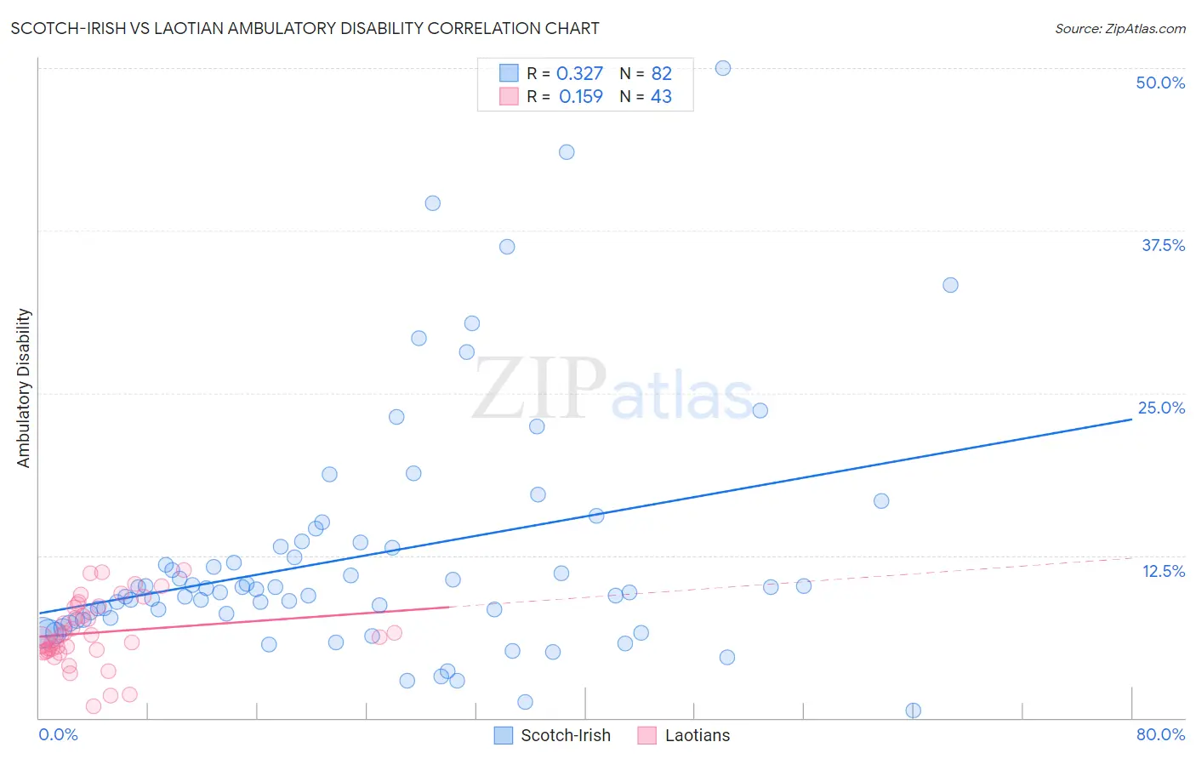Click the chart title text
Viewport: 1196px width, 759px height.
click(x=305, y=28)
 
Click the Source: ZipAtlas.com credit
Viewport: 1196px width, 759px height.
click(x=1119, y=28)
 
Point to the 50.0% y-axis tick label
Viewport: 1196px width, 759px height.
click(x=1160, y=83)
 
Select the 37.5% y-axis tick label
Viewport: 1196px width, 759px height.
click(x=1163, y=245)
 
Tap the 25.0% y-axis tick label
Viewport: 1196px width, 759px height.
click(x=1161, y=408)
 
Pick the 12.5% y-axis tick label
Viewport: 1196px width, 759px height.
click(x=1163, y=571)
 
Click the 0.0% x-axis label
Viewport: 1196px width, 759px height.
click(x=58, y=734)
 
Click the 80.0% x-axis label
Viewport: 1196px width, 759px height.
click(x=1160, y=734)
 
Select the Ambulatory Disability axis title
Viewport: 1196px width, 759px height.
click(x=24, y=388)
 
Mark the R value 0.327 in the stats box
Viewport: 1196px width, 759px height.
click(x=579, y=74)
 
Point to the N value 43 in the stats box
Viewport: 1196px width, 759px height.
click(x=661, y=97)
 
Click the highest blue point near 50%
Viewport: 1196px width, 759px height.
click(x=723, y=68)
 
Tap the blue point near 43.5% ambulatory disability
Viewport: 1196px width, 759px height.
click(x=567, y=152)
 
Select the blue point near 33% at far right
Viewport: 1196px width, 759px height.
click(x=950, y=285)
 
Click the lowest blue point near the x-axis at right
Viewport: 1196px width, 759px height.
click(x=913, y=710)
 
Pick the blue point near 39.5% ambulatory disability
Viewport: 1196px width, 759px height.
click(x=432, y=203)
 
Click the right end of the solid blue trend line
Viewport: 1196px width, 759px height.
click(x=1131, y=419)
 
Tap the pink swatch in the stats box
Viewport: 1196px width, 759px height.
click(x=509, y=97)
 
